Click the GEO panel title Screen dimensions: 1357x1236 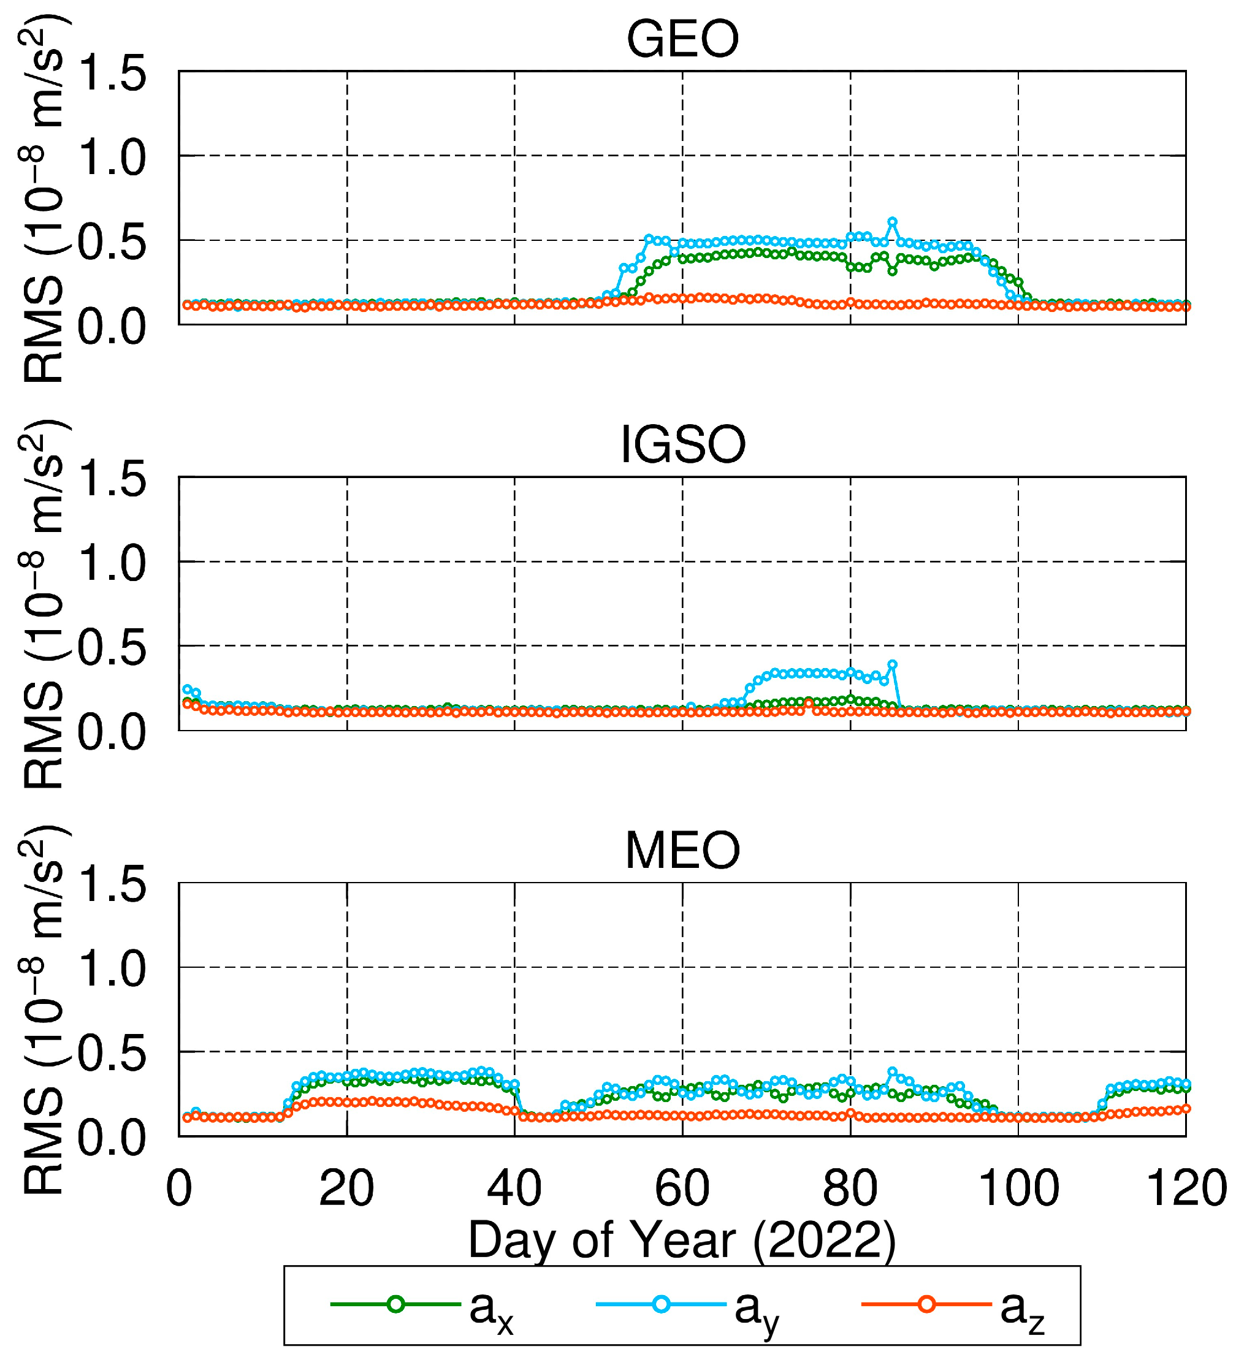pos(682,40)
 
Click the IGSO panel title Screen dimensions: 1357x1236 pos(682,446)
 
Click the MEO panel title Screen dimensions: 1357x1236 pos(682,851)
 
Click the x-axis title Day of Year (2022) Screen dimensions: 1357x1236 pos(682,1240)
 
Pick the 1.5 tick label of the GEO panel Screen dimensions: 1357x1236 pos(112,74)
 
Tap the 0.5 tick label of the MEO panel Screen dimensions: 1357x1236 pos(112,1054)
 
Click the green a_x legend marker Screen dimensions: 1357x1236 pos(396,1304)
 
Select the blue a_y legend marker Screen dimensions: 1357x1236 pos(661,1304)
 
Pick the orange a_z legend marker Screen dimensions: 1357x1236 pos(926,1304)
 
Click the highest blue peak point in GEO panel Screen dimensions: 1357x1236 pos(892,221)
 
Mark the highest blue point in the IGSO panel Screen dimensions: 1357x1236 pos(892,664)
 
